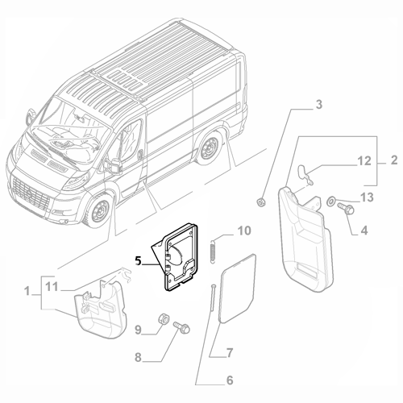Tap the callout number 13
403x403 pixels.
366,197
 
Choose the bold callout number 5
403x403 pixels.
139,260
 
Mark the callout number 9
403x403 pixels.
138,329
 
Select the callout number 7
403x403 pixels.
229,352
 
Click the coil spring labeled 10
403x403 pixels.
213,249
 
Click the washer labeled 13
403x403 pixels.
331,199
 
